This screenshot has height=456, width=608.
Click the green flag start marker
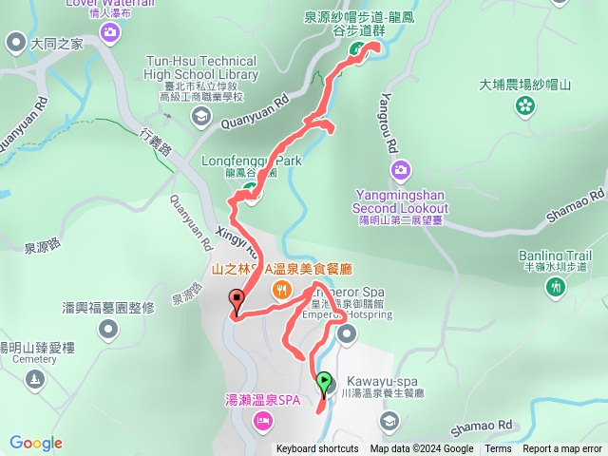click(x=324, y=383)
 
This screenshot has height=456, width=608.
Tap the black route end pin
click(x=236, y=302)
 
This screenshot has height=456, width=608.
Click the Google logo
click(x=36, y=443)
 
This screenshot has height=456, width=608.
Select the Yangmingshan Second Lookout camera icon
click(x=400, y=170)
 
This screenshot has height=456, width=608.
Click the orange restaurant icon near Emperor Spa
click(x=280, y=290)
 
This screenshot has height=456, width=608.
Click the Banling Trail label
click(x=556, y=256)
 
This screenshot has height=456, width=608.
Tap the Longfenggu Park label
click(x=252, y=161)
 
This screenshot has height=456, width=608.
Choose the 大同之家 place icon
click(x=15, y=42)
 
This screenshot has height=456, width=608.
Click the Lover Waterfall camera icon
click(x=110, y=33)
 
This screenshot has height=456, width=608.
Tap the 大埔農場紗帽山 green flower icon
click(x=524, y=107)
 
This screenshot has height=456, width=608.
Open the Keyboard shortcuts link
click(x=317, y=448)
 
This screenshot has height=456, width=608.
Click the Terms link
click(x=498, y=448)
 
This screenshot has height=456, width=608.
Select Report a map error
click(x=562, y=448)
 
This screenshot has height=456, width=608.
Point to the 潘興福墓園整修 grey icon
click(x=109, y=329)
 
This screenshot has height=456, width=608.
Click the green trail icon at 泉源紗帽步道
click(x=355, y=50)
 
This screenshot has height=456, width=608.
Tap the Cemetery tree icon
click(x=35, y=380)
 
